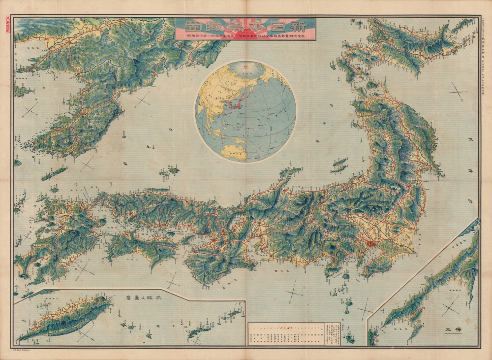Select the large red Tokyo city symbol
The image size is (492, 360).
(370, 243)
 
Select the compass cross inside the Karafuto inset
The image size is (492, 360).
(449, 309)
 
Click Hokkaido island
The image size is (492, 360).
(408, 44)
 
